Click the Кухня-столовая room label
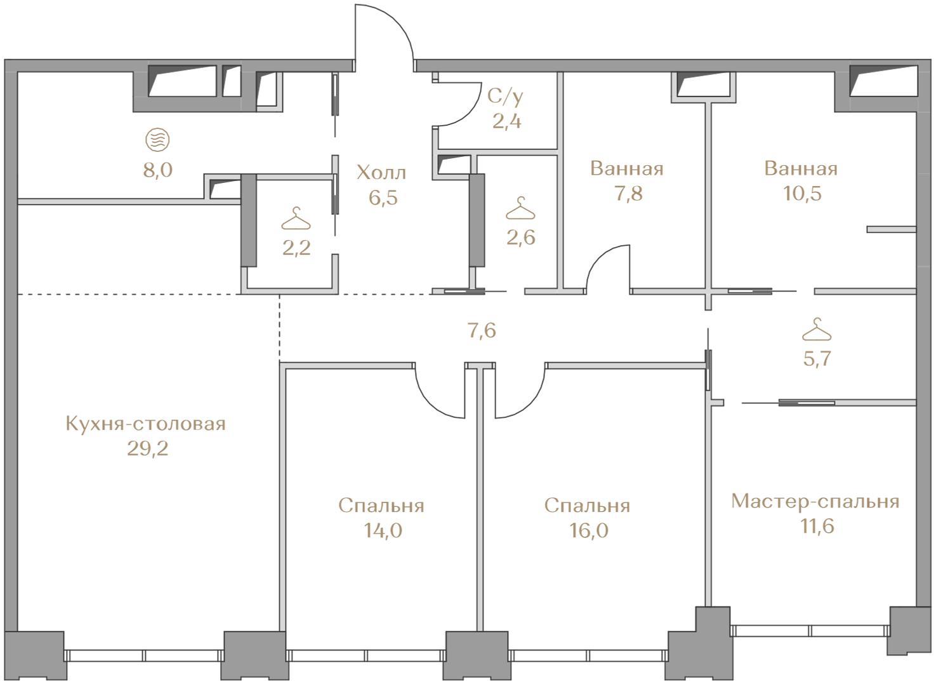click(145, 424)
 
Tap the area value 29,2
click(148, 450)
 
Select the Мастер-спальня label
click(815, 501)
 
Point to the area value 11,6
click(817, 527)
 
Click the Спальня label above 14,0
click(381, 506)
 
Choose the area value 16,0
click(589, 530)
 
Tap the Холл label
click(381, 173)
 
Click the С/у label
click(505, 97)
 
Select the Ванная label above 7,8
click(627, 169)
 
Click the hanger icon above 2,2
click(296, 219)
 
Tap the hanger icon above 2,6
click(521, 208)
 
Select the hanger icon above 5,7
click(817, 330)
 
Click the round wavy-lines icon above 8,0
click(157, 140)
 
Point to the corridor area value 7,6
click(482, 331)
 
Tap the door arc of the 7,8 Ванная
click(601, 255)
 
